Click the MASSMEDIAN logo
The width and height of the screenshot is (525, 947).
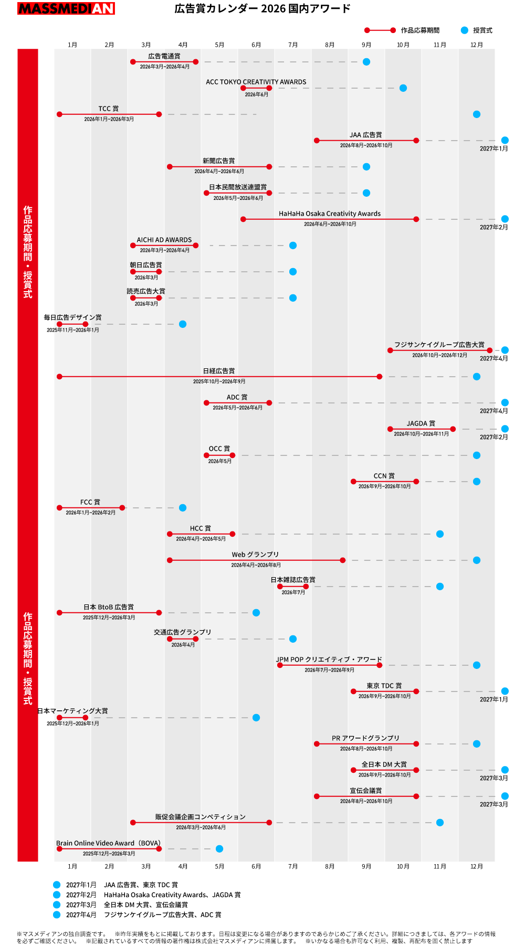point(66,8)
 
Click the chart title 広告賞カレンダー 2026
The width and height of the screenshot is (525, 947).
point(262,8)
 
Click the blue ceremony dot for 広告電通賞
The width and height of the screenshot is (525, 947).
point(366,62)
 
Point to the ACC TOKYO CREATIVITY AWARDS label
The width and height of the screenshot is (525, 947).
point(256,82)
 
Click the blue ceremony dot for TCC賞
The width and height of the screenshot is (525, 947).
point(477,114)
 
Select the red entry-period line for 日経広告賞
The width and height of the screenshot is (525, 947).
point(219,377)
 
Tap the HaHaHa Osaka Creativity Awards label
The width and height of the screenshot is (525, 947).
point(330,214)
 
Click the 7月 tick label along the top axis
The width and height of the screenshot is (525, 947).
point(293,45)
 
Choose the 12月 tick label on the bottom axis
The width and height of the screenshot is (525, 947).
point(477,866)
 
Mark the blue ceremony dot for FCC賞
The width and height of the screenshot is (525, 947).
point(183,508)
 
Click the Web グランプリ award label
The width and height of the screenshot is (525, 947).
point(256,555)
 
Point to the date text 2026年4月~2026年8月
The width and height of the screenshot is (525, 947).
point(256,565)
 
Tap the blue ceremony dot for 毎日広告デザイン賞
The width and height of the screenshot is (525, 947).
point(183,324)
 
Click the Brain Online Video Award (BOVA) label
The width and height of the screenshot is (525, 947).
point(108,843)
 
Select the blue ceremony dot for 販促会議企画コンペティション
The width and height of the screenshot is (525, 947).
point(440,823)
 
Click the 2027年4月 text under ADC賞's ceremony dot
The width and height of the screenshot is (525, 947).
point(493,411)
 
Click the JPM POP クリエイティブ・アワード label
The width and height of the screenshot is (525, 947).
point(329,659)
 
